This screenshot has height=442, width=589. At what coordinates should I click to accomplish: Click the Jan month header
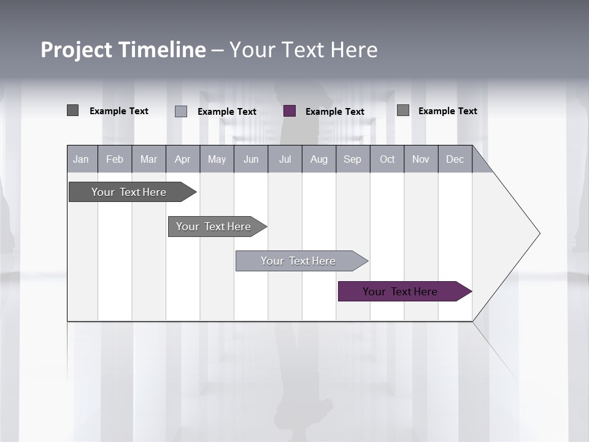[x=81, y=159]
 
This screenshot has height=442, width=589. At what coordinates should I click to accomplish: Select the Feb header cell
[x=115, y=159]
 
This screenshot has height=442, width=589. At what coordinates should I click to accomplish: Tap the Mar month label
[x=148, y=159]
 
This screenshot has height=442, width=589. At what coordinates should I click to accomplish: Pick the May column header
[x=217, y=159]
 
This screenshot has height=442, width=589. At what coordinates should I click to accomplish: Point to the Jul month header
[x=285, y=159]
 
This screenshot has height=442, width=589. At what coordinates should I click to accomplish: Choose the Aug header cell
[x=318, y=159]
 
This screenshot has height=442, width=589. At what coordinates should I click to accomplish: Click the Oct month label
[x=387, y=159]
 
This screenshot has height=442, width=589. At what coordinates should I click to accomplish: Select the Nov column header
[x=421, y=159]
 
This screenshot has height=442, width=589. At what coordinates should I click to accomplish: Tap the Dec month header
[x=455, y=159]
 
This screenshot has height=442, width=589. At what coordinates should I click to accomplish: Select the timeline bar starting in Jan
[x=129, y=192]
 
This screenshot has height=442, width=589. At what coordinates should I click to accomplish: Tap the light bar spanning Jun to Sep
[x=299, y=261]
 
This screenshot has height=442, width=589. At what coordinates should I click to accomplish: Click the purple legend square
[x=290, y=111]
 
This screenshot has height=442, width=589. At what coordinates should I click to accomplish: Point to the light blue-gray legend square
[x=181, y=111]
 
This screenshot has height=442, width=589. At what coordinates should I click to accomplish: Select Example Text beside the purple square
[x=335, y=112]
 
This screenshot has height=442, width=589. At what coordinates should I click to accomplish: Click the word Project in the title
[x=77, y=50]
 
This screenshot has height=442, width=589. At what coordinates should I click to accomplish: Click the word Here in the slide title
[x=354, y=50]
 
